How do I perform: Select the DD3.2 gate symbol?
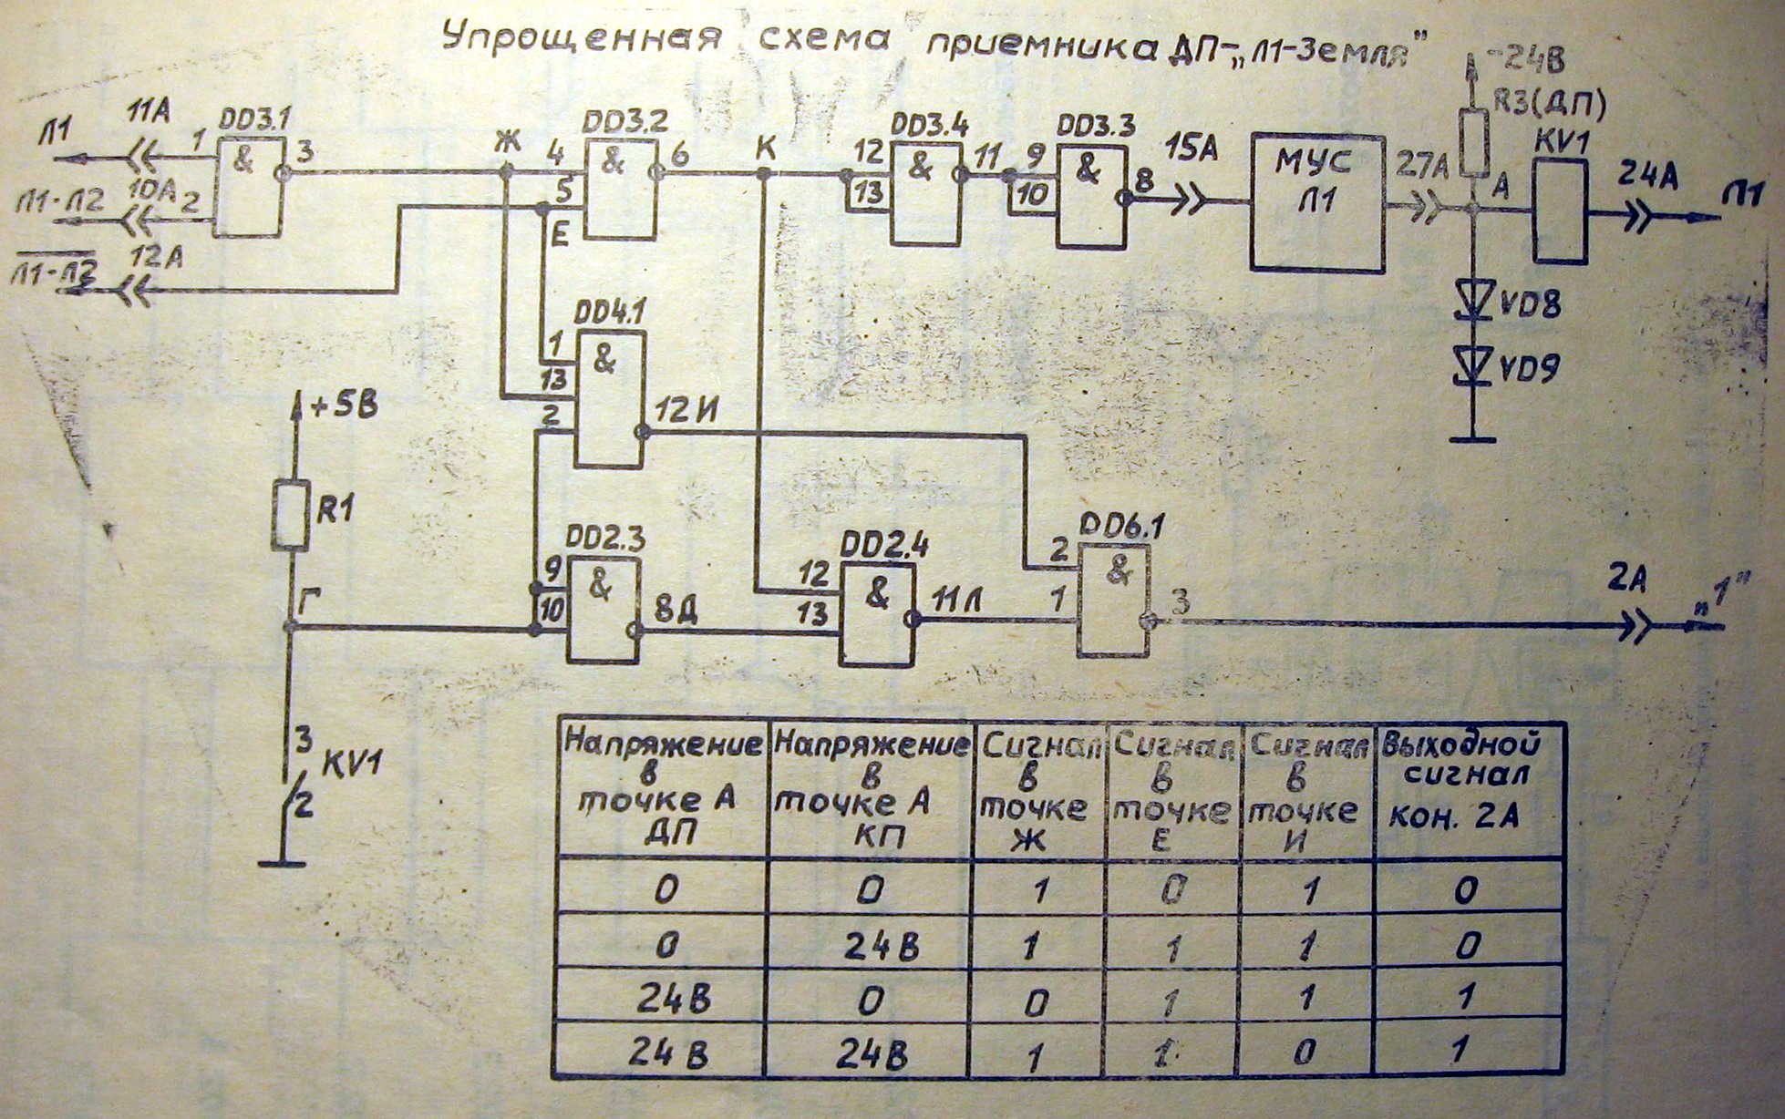[620, 190]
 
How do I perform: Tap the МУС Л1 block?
[1317, 201]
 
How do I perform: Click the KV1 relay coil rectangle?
[1560, 210]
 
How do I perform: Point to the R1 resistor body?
[290, 515]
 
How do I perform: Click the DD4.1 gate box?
[609, 399]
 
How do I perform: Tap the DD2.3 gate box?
[603, 609]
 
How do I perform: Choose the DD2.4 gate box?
[876, 614]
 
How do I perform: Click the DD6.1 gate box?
[1113, 600]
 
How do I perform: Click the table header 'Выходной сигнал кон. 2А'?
[1468, 781]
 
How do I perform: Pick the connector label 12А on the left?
[157, 257]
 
